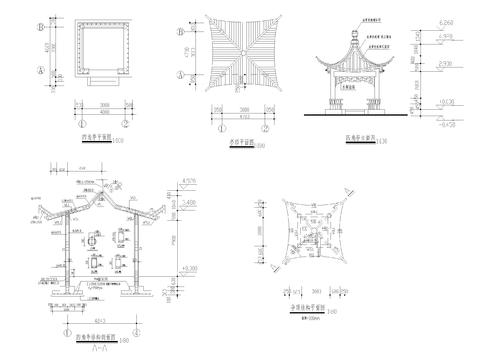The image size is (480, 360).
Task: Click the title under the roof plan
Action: [243, 147]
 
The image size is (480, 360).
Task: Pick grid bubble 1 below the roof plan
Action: [221, 129]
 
